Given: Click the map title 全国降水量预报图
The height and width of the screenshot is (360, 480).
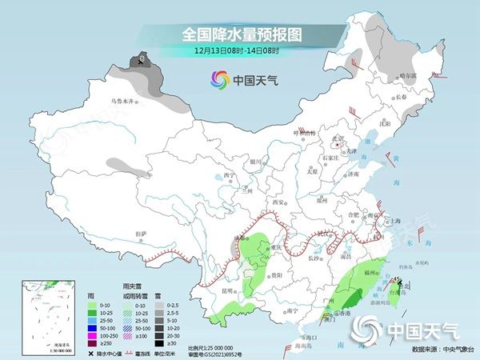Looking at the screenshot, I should pos(240,34).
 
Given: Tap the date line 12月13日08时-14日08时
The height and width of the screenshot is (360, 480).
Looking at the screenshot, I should pos(240,52).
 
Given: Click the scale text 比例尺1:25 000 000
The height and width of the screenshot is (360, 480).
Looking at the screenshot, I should pos(216,347).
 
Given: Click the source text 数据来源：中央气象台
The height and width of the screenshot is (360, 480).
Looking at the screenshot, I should pos(441,350).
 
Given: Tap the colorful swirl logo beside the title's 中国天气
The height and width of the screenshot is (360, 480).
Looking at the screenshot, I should pos(219,79).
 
